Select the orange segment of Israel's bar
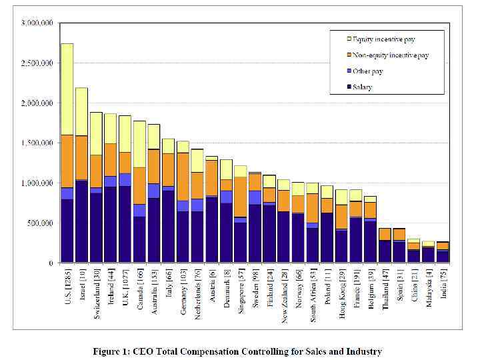click(x=81, y=157)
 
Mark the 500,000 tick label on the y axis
click(x=41, y=223)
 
